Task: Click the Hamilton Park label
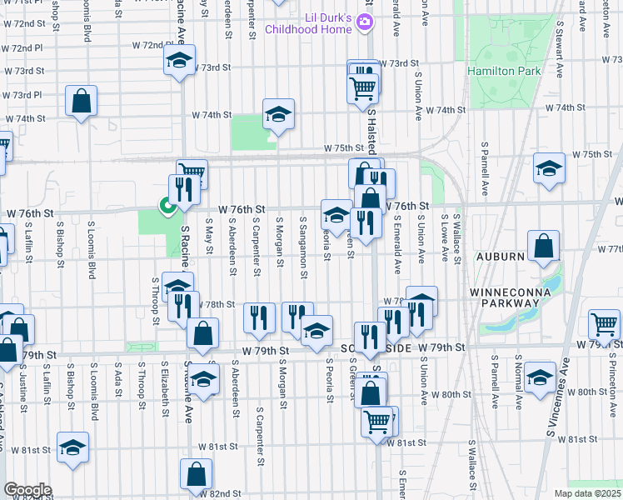click(x=504, y=71)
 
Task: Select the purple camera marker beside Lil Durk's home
click(x=363, y=22)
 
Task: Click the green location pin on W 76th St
click(x=167, y=204)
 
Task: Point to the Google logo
click(x=27, y=489)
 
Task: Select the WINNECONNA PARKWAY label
click(x=506, y=297)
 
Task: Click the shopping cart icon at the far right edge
click(x=604, y=323)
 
